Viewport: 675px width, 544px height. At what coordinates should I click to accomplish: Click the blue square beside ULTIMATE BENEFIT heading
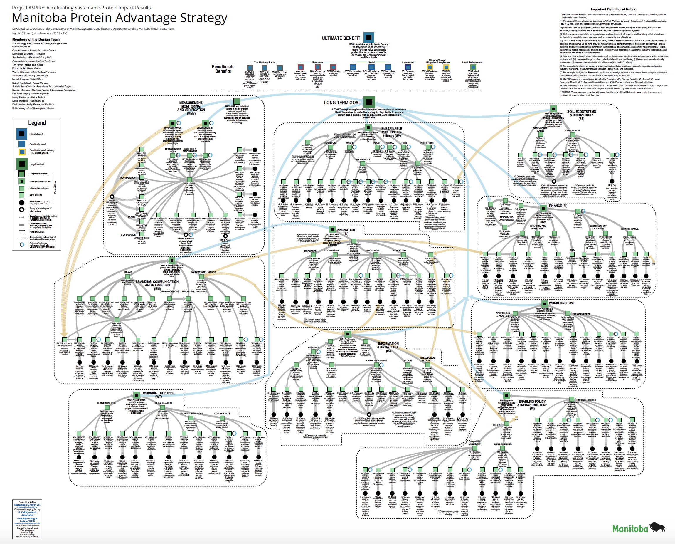tap(369, 38)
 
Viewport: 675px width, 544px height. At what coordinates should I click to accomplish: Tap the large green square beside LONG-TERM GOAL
tap(370, 102)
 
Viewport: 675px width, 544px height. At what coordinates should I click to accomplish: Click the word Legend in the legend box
tap(37, 123)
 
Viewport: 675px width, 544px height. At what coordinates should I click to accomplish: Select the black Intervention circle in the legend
tap(22, 202)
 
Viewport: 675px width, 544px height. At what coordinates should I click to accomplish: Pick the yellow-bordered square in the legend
tap(22, 152)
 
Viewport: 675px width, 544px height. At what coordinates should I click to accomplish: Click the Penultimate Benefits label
tap(223, 69)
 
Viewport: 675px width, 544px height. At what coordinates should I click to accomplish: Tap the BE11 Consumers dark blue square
tap(408, 67)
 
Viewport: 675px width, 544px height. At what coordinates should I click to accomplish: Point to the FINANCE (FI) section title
tap(558, 206)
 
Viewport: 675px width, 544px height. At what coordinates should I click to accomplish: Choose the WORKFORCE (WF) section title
tap(562, 303)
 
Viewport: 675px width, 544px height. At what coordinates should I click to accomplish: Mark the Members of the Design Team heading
tap(36, 39)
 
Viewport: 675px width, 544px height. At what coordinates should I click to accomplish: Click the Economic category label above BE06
tap(317, 63)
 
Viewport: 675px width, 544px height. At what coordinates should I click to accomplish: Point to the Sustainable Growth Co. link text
tap(27, 505)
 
